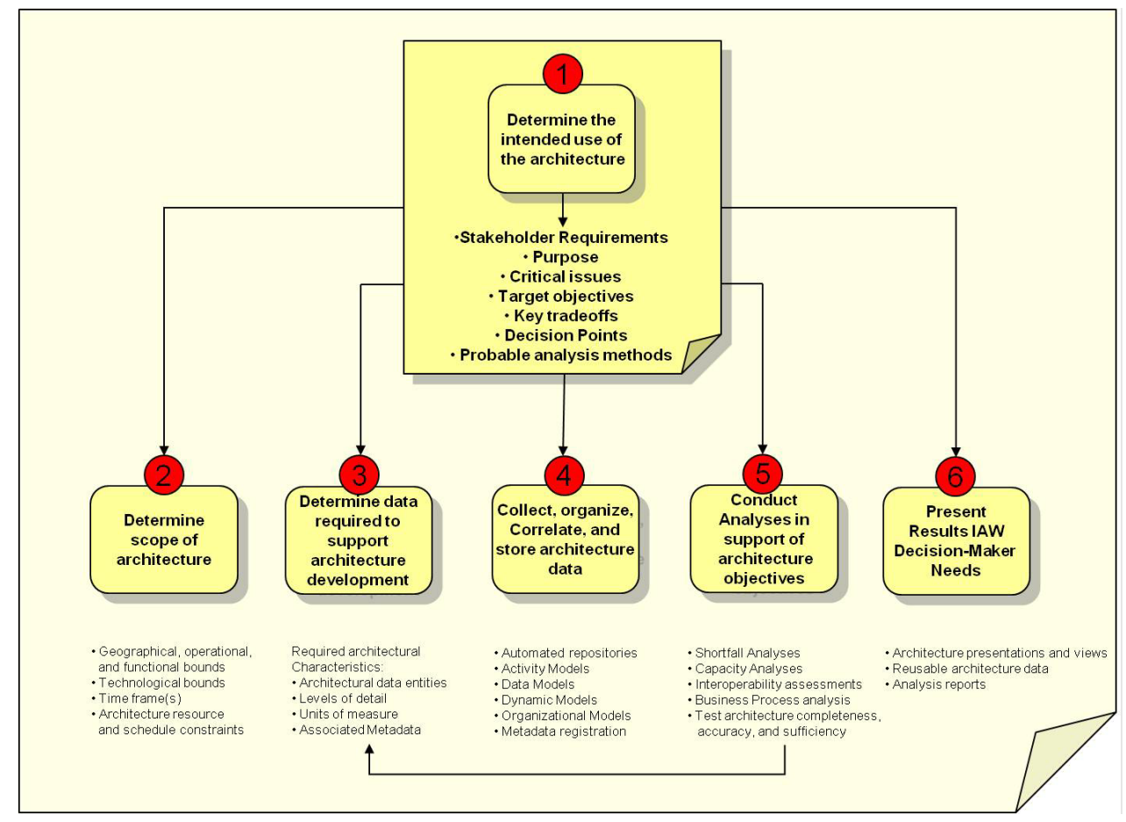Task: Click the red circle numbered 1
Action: (562, 74)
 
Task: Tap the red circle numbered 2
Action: (164, 475)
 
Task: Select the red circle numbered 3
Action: (360, 475)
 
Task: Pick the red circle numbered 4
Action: (564, 475)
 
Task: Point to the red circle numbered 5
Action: (763, 474)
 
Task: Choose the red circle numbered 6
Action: (955, 476)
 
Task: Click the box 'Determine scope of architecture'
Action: (164, 540)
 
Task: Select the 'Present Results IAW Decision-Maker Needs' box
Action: (956, 541)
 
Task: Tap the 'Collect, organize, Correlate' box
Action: (566, 539)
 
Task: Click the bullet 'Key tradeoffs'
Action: (561, 316)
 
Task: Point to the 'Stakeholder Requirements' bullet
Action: (561, 237)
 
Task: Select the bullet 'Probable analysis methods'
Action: (561, 355)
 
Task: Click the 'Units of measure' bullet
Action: (345, 714)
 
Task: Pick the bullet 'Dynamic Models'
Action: (545, 700)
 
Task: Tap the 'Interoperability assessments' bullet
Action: (774, 684)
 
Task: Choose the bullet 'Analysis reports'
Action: (935, 684)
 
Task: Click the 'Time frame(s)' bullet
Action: (136, 698)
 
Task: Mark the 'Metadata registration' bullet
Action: (560, 731)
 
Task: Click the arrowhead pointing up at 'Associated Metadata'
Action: (369, 749)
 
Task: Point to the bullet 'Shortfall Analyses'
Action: (744, 653)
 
